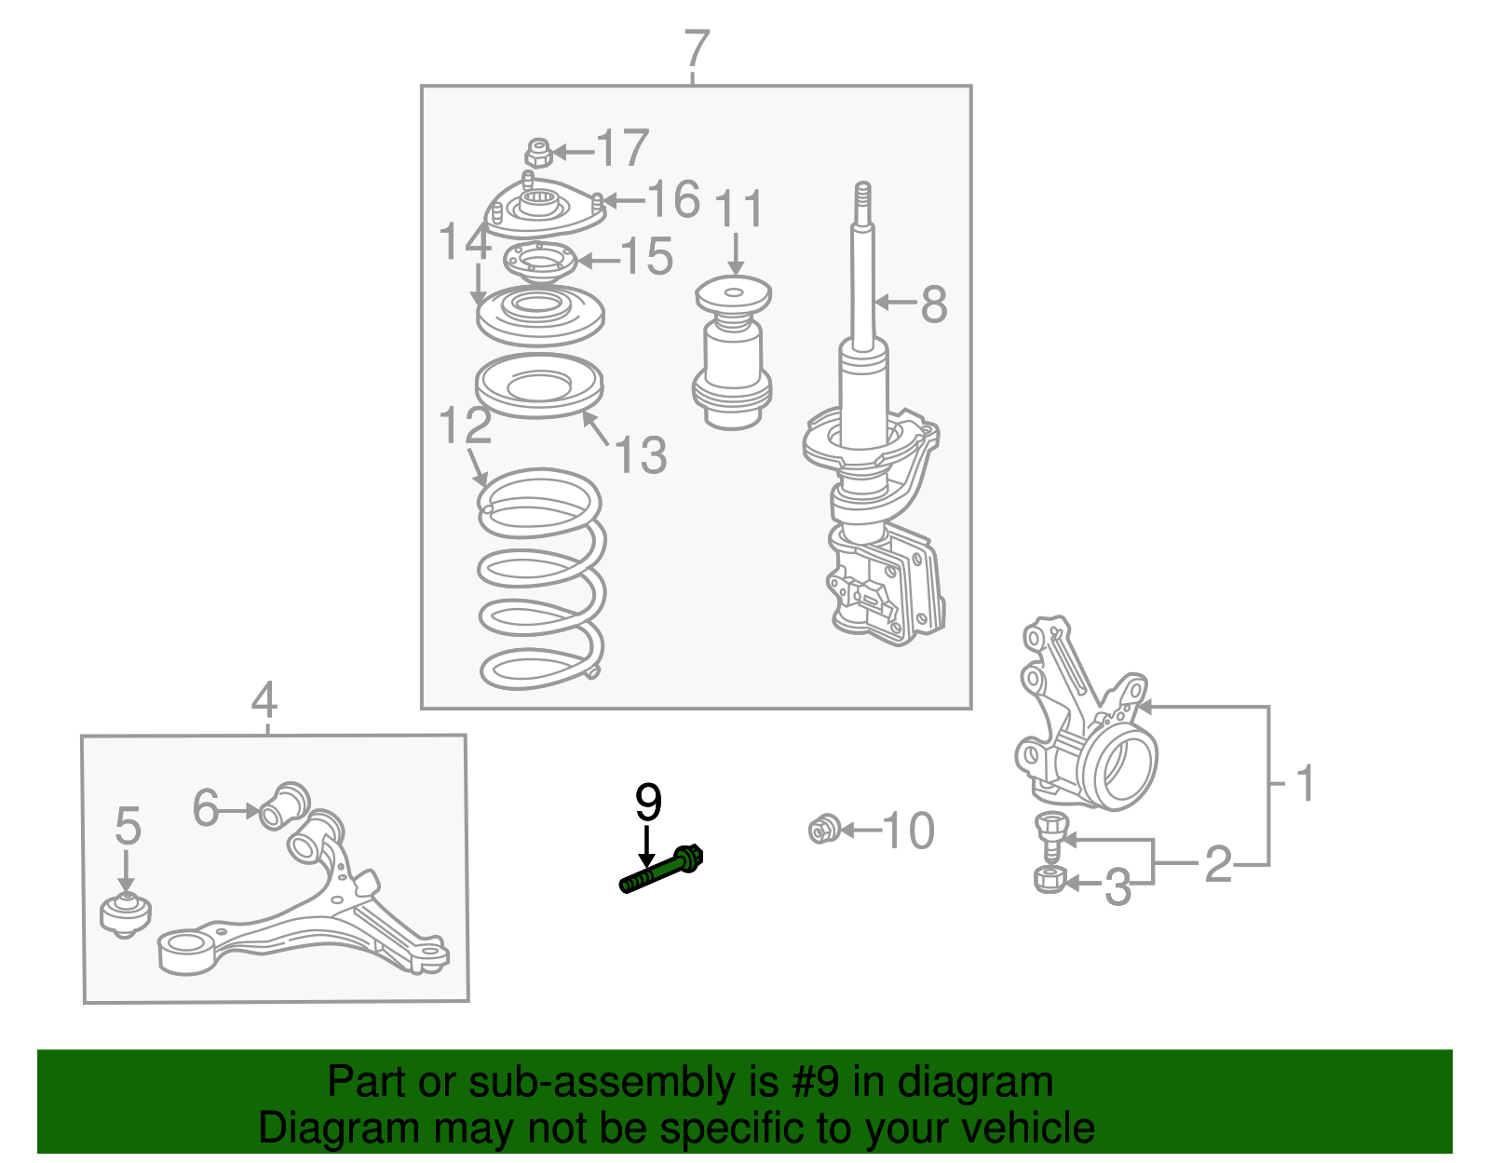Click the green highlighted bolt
point(661,869)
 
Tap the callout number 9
point(648,803)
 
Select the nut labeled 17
point(539,153)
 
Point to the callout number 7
point(697,49)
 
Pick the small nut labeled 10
point(824,830)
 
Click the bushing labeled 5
point(126,915)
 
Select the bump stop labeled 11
point(732,352)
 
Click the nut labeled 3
point(1050,879)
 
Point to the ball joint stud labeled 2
point(1050,834)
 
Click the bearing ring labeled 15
point(539,261)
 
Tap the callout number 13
point(642,454)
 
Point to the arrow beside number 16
point(624,201)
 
